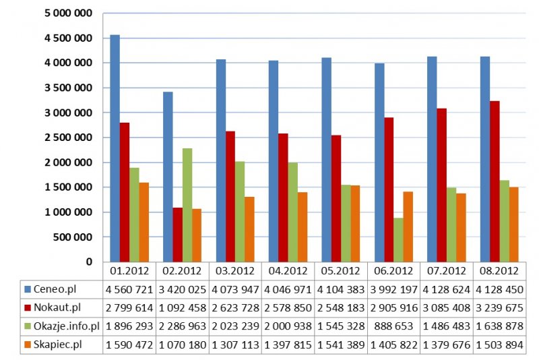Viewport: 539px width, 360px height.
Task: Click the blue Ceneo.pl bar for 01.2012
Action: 115,148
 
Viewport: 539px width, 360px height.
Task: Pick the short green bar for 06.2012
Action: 398,239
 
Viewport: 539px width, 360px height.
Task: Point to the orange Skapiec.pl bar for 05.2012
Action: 355,223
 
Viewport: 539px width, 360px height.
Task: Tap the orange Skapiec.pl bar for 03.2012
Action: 249,229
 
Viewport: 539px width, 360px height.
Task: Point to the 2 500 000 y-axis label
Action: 70,138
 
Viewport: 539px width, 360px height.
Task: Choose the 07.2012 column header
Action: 446,271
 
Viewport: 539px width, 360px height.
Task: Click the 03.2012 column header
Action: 235,271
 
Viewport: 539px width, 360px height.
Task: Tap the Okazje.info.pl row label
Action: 66,326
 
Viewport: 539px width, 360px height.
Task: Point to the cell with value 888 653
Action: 393,326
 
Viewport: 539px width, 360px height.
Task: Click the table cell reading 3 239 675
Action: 498,308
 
